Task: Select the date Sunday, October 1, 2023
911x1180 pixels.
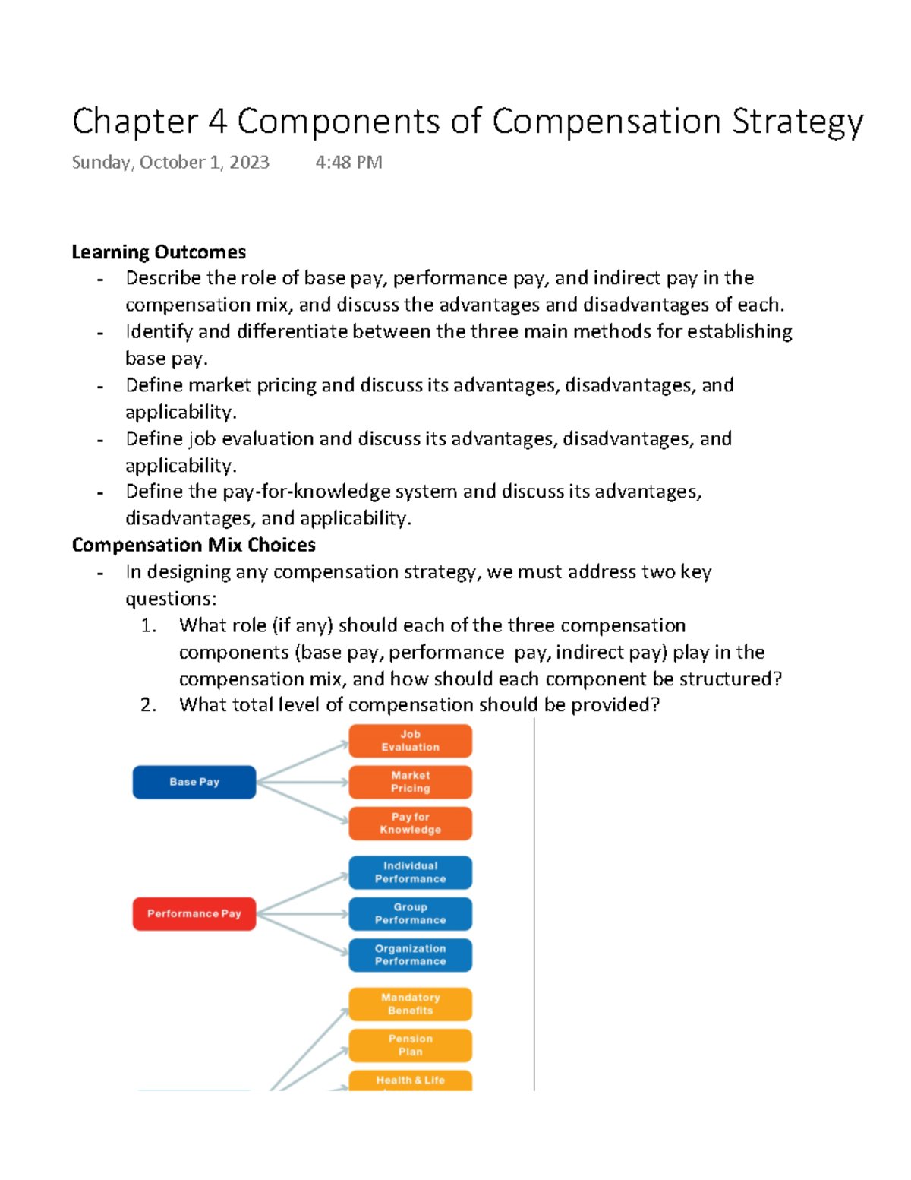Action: click(x=170, y=163)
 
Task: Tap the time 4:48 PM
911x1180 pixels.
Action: click(x=348, y=163)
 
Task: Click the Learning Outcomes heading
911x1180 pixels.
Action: click(x=159, y=252)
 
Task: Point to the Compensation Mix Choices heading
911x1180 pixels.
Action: click(x=194, y=545)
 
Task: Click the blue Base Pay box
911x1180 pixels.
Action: click(x=194, y=782)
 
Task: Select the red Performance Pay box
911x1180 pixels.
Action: click(x=194, y=913)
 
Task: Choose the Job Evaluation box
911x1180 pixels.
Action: click(x=410, y=741)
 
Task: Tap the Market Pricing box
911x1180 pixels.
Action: click(x=410, y=782)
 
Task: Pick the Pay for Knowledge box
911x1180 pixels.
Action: click(x=410, y=824)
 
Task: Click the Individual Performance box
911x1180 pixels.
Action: click(x=410, y=872)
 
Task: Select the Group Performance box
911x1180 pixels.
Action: click(x=410, y=913)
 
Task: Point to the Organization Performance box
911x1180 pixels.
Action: click(x=410, y=955)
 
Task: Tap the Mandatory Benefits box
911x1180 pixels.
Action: click(x=410, y=1004)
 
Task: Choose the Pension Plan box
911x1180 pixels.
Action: click(x=410, y=1046)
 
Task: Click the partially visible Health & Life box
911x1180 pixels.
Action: click(x=410, y=1080)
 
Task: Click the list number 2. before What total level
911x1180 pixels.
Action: click(x=148, y=705)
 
